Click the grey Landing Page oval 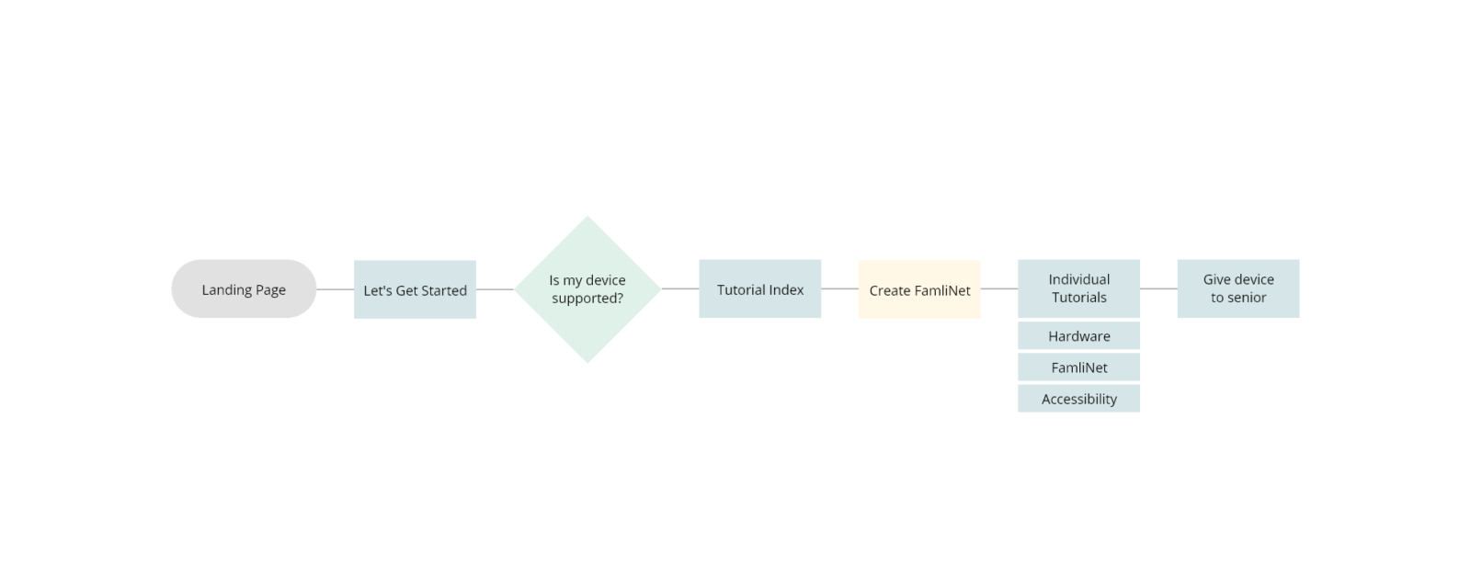[244, 288]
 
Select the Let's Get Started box [415, 289]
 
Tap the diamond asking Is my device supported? [587, 289]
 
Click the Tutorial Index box [759, 288]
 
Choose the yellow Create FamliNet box [919, 289]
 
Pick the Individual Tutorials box [1079, 288]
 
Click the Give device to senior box [1238, 288]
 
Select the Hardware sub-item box [1079, 335]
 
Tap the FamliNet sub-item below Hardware [1079, 367]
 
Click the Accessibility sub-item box [1079, 399]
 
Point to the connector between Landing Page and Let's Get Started [335, 289]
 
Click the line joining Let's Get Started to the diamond [496, 289]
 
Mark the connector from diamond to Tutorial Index [680, 288]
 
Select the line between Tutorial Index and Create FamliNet [840, 288]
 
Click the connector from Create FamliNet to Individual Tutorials [999, 288]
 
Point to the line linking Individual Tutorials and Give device [1159, 288]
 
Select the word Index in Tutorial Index [787, 290]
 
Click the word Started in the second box [444, 290]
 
